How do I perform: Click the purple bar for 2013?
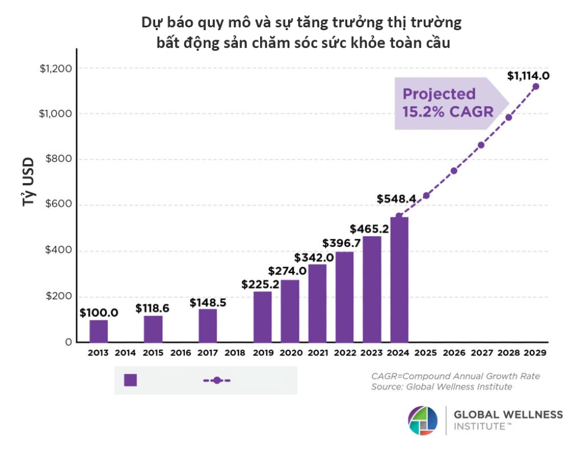[x=99, y=331]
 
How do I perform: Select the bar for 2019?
[x=262, y=317]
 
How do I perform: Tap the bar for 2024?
[x=399, y=279]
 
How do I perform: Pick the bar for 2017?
[x=208, y=325]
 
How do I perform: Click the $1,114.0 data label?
[x=528, y=75]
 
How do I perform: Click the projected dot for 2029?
[x=536, y=87]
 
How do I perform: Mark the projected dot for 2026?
[x=454, y=170]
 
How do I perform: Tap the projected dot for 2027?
[x=481, y=145]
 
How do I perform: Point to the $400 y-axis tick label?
[x=57, y=251]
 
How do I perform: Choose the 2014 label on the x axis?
[x=126, y=353]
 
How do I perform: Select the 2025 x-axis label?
[x=427, y=353]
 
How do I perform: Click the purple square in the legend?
[x=131, y=380]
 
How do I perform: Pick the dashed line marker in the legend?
[x=217, y=380]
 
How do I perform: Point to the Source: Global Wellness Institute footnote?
[x=441, y=386]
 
